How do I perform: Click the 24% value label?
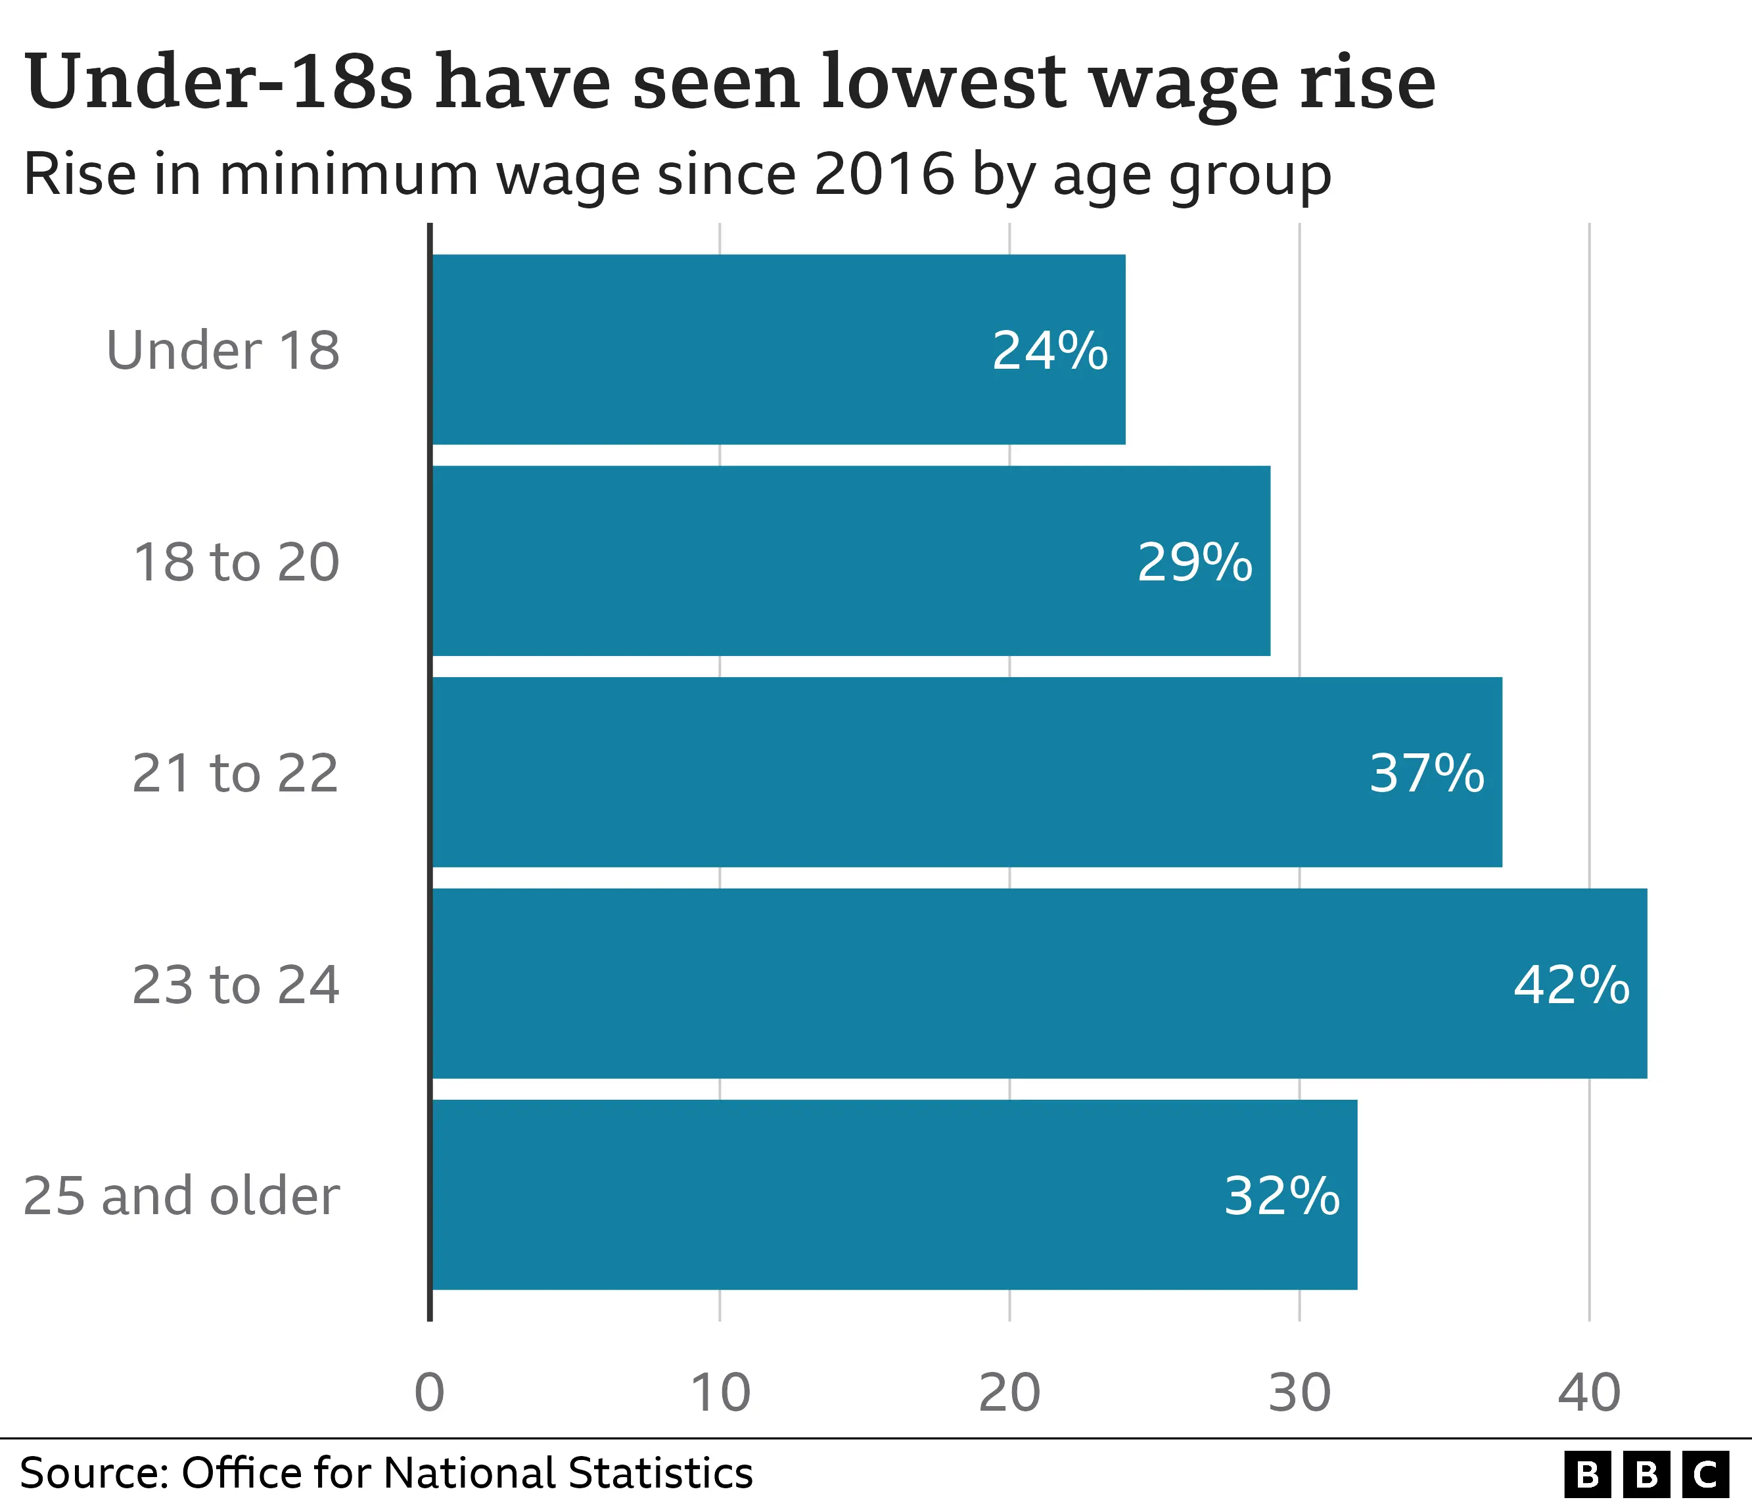1049,350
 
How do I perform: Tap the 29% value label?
1194,561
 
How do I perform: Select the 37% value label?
1427,773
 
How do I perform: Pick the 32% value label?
1281,1196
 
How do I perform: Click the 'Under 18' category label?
222,350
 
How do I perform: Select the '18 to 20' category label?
236,561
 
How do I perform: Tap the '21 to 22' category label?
235,773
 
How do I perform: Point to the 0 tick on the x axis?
430,1393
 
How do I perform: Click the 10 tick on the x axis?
720,1393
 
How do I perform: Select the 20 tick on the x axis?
1009,1393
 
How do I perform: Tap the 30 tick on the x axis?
1300,1393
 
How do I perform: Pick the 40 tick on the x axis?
1589,1393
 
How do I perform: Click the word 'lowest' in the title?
943,82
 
